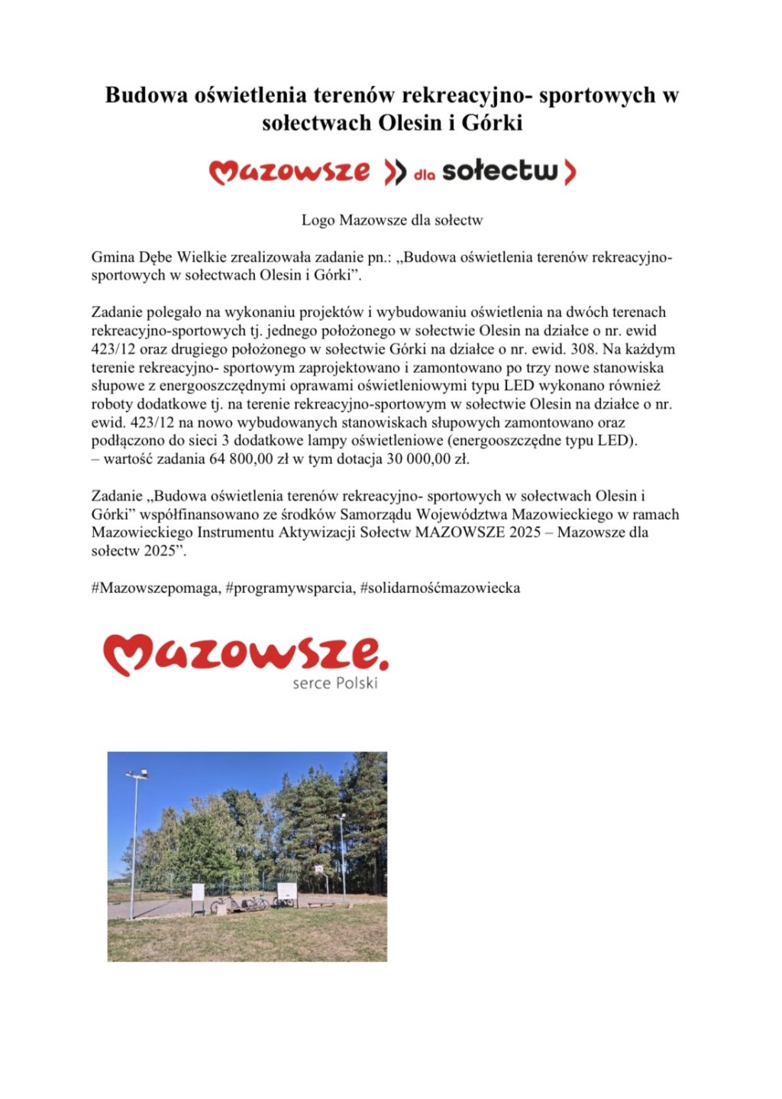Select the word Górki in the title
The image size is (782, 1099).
pos(492,122)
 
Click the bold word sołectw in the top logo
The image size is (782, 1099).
pos(500,171)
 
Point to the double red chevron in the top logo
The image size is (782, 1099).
pos(395,173)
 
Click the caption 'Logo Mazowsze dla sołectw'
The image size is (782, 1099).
pos(392,220)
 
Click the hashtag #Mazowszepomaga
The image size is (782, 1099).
pos(156,588)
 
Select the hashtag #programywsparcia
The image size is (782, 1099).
pos(290,588)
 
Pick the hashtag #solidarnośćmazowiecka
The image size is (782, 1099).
pos(440,588)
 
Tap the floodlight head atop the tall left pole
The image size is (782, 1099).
pos(136,776)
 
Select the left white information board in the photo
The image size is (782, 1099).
pos(199,892)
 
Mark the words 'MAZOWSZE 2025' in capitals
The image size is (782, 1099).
pos(460,533)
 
